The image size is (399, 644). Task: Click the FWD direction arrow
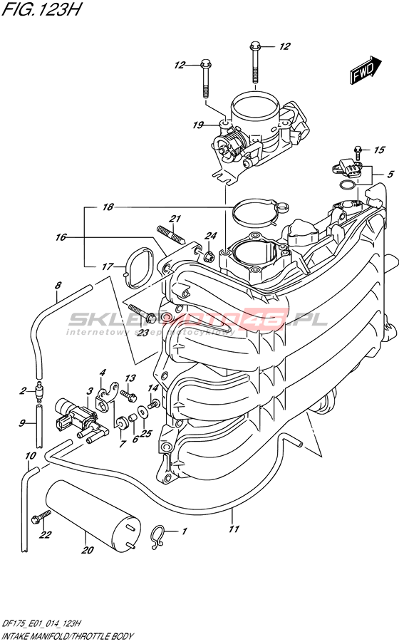(366, 70)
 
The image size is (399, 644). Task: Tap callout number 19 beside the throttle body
(198, 125)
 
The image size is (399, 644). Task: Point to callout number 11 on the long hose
(234, 529)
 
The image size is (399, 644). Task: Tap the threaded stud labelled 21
(170, 234)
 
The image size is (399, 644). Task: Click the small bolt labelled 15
(357, 152)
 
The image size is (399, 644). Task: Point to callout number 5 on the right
(390, 174)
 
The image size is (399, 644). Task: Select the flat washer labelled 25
(142, 412)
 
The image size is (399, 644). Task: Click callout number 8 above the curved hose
(58, 285)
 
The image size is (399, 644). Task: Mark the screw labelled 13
(128, 395)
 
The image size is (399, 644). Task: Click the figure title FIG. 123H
(41, 9)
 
